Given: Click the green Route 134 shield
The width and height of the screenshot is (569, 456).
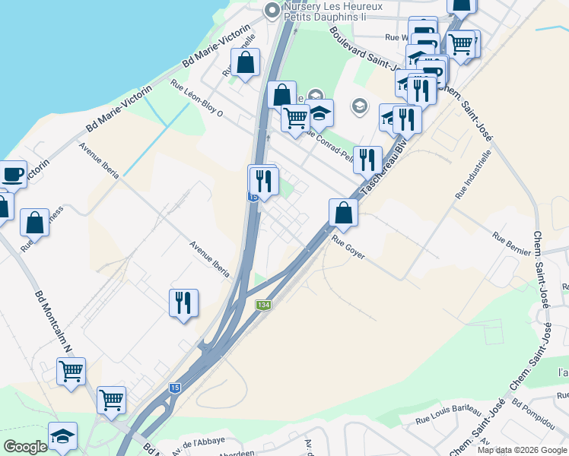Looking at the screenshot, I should [263, 305].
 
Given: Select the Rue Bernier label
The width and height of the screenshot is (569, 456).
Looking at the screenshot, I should [510, 245].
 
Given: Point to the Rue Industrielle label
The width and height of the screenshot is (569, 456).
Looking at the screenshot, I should [473, 174].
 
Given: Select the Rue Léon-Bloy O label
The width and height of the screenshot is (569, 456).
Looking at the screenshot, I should [196, 99].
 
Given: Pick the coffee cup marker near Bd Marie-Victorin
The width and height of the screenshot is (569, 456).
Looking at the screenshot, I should [13, 174].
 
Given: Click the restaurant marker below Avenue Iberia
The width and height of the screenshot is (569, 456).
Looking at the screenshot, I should [183, 302].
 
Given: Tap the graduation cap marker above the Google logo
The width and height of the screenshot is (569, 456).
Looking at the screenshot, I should [62, 435].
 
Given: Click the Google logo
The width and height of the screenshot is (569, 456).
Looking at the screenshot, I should [24, 447].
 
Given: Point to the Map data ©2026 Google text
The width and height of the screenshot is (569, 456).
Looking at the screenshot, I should [522, 450].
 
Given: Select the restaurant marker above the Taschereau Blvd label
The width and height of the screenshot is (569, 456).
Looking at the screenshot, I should [368, 159].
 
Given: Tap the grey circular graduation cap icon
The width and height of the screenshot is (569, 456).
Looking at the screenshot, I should [359, 106].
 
